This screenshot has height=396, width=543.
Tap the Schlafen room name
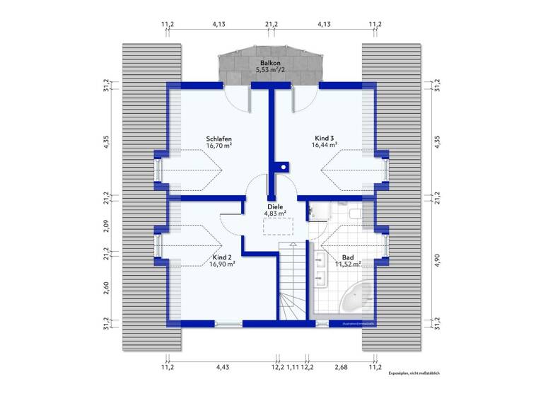pos(220,139)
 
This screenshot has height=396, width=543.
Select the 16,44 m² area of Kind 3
pos(325,145)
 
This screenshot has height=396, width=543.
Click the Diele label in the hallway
pos(275,206)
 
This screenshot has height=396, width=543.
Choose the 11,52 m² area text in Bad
pos(347,264)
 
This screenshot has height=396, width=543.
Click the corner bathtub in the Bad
pos(357,299)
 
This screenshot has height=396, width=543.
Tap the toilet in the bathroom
pos(355,211)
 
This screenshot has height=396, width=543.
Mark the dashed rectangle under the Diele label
pos(278,226)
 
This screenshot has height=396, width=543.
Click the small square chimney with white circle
pos(283,168)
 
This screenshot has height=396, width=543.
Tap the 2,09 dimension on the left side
pos(105,226)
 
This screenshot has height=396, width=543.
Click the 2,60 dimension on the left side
pos(105,288)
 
